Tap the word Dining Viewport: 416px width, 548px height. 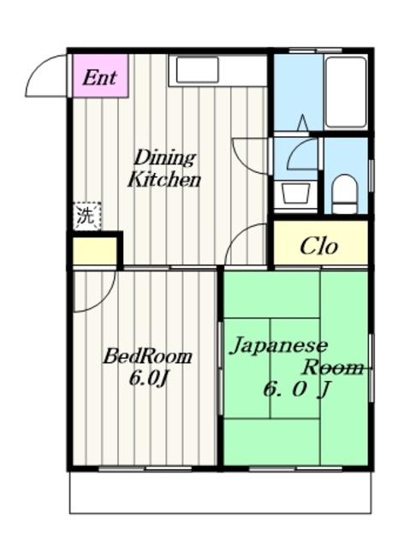(164, 158)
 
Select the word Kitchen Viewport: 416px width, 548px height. (164, 180)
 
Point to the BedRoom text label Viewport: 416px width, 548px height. (147, 356)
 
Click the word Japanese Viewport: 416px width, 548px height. (278, 345)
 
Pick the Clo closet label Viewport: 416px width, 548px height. (318, 246)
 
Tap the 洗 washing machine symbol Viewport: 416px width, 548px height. (87, 216)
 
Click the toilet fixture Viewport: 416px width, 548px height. (345, 194)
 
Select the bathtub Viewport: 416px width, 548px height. (346, 92)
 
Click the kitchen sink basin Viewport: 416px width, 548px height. (198, 70)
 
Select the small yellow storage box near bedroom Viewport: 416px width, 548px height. (95, 251)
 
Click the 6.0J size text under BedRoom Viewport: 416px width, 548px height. (148, 378)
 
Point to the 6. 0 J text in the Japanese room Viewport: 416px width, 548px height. (296, 390)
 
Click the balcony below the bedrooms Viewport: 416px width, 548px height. (220, 492)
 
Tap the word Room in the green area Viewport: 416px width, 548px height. (333, 367)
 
